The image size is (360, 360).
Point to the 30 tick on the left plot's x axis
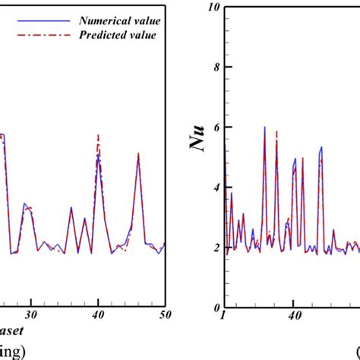[x=31, y=314]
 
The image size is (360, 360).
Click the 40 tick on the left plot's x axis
[x=98, y=314]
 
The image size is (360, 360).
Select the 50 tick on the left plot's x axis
[x=165, y=314]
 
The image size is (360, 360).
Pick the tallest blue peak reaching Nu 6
[x=264, y=128]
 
